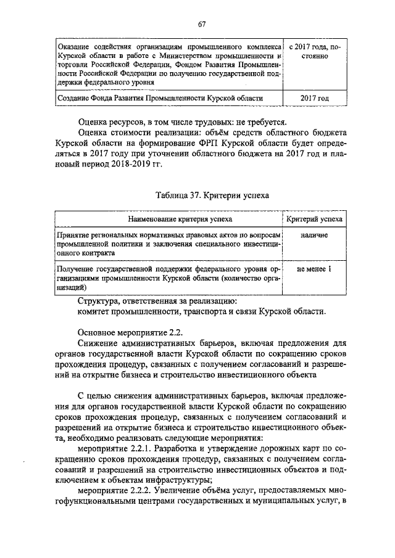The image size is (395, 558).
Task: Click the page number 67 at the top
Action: [x=201, y=25]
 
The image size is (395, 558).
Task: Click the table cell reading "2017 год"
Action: [x=314, y=98]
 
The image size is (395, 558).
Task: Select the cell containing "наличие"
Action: [x=314, y=235]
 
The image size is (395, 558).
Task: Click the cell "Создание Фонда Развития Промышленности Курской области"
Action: [x=160, y=98]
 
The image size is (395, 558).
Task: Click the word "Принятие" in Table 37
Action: [x=73, y=236]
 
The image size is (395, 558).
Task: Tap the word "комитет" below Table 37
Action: [x=96, y=312]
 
